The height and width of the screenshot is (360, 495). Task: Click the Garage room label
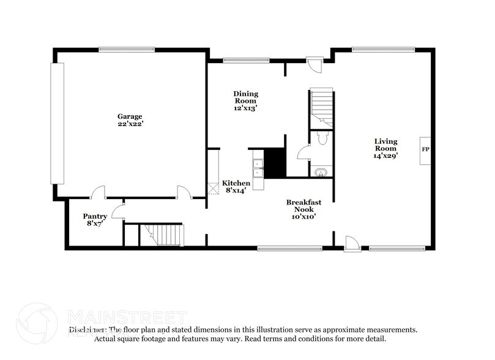tap(130, 116)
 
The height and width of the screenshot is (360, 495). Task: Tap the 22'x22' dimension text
tap(130, 124)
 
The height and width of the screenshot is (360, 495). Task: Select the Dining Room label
tap(245, 97)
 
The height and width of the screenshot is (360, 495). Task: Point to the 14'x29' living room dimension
tap(386, 156)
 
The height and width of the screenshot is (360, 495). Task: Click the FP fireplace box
tap(425, 149)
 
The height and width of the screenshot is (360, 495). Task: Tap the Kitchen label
tap(236, 183)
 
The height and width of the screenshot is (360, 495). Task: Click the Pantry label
tap(95, 216)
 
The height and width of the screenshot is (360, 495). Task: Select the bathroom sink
tap(319, 172)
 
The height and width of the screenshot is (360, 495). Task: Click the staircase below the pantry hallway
tap(162, 234)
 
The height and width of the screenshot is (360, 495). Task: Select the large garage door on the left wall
tap(57, 123)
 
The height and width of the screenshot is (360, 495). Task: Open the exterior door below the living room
tap(351, 245)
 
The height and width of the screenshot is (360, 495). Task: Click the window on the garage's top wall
tap(127, 50)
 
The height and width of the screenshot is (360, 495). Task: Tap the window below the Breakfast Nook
tap(289, 248)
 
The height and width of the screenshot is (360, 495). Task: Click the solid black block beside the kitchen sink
tap(275, 162)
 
